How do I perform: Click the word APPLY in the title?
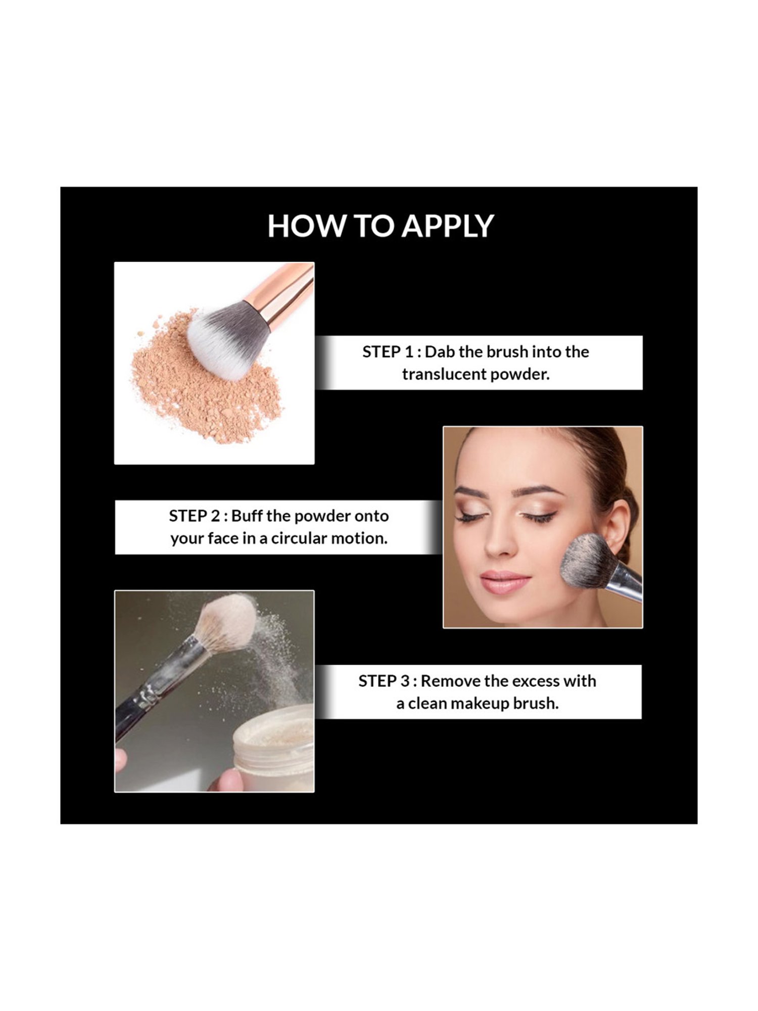click(x=448, y=226)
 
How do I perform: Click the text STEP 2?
click(x=195, y=516)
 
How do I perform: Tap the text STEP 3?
click(x=384, y=681)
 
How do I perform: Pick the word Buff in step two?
click(x=247, y=516)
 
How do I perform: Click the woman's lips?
click(x=504, y=582)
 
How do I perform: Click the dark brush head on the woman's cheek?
click(x=586, y=561)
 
